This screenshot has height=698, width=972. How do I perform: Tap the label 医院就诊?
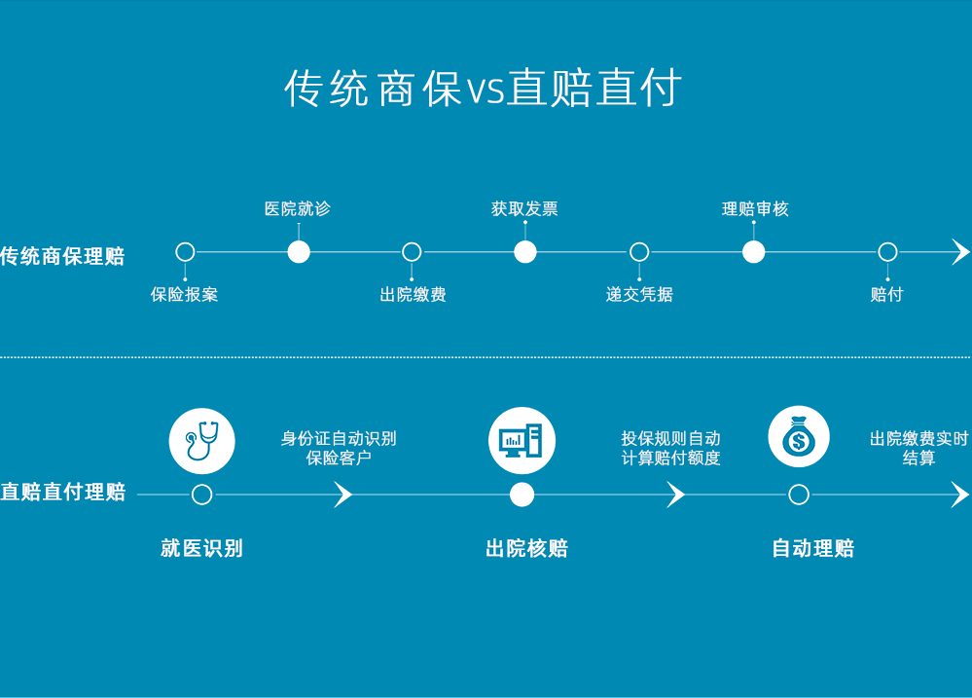(298, 208)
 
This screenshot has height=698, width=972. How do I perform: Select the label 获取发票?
(524, 208)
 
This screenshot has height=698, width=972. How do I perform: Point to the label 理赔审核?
(754, 208)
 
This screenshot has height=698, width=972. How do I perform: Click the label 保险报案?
(184, 294)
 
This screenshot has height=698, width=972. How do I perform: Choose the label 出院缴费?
(413, 294)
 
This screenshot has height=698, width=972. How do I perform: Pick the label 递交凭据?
(639, 294)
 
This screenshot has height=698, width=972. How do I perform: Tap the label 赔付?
(886, 294)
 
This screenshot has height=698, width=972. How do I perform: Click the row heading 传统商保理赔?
(63, 257)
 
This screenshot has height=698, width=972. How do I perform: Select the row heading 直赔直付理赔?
(63, 492)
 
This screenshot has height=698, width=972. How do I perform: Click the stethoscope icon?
(201, 440)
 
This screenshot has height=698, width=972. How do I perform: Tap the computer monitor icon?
(522, 440)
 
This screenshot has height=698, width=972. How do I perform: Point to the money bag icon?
(798, 438)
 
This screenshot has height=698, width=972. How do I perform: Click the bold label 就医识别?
(201, 548)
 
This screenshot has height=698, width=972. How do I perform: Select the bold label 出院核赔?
(526, 548)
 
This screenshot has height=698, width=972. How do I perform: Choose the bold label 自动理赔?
(812, 548)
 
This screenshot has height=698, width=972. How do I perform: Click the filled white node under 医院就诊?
(299, 252)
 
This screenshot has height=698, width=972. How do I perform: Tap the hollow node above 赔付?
(887, 252)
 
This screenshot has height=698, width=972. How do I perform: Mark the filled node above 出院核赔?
(522, 495)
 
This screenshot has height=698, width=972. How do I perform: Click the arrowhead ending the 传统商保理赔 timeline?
(960, 252)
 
